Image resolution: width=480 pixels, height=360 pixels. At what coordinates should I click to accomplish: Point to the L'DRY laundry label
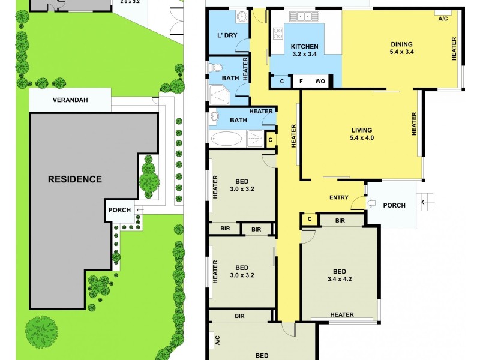coord(227,35)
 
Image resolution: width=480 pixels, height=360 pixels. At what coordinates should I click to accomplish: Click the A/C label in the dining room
coord(443,19)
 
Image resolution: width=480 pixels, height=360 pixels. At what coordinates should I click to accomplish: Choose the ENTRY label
coord(339,198)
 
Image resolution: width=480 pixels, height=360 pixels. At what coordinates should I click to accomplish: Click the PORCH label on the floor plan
coord(394,205)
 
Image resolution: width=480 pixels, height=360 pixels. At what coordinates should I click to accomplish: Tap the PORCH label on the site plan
coord(119,210)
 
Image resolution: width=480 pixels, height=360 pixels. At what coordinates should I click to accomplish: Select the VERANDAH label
coord(70,100)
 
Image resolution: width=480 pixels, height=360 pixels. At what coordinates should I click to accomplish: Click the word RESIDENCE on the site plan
coord(75,179)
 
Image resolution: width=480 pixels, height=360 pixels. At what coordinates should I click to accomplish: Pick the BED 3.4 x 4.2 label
coord(340,274)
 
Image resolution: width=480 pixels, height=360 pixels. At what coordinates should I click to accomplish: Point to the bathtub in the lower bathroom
coord(226,139)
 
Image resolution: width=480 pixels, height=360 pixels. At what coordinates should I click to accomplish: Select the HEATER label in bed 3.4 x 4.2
coord(341,315)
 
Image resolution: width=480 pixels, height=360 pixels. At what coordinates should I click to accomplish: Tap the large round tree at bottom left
coord(42,330)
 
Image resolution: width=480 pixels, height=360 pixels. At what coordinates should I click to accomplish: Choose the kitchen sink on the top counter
coord(302,16)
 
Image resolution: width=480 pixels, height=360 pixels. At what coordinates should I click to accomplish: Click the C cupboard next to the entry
coord(310,220)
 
